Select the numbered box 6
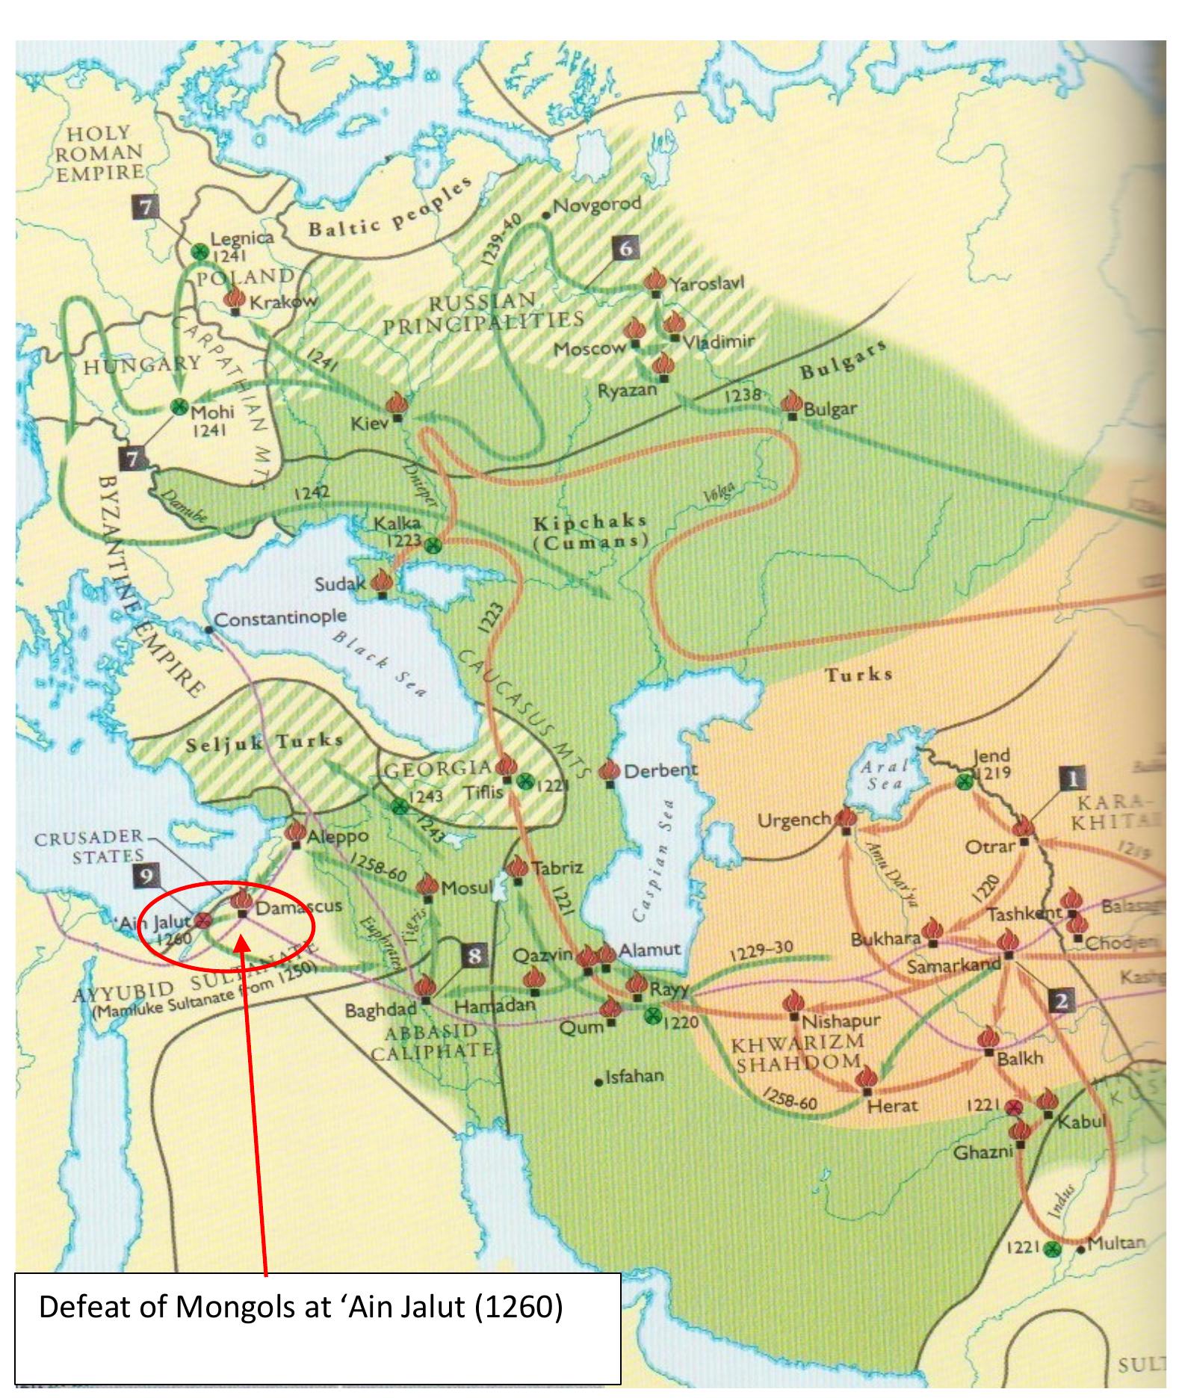(x=626, y=248)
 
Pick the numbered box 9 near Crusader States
(x=146, y=876)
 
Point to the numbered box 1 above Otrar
(x=1071, y=779)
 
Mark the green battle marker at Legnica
(x=199, y=252)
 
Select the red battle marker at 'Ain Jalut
(x=202, y=920)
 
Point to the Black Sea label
(x=380, y=664)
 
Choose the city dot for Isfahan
(x=598, y=1081)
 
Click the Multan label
(x=1116, y=1243)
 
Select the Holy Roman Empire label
(x=99, y=153)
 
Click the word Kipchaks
(x=590, y=521)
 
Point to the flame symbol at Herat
(x=867, y=1078)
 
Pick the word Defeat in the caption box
(x=81, y=1307)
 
